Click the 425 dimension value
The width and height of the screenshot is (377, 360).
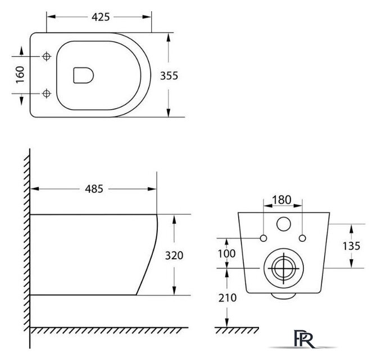click(101, 17)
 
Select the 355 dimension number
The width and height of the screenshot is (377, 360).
click(169, 75)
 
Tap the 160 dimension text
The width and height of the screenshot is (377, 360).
click(20, 75)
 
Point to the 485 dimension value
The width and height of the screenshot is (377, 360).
click(94, 189)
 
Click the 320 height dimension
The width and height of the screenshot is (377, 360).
click(174, 255)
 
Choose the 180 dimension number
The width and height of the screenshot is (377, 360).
click(281, 200)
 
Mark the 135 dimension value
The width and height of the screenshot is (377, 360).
click(351, 246)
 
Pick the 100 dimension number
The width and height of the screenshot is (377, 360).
click(227, 253)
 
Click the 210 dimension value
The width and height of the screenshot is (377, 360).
click(228, 298)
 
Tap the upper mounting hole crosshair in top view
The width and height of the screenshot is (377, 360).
click(47, 56)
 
